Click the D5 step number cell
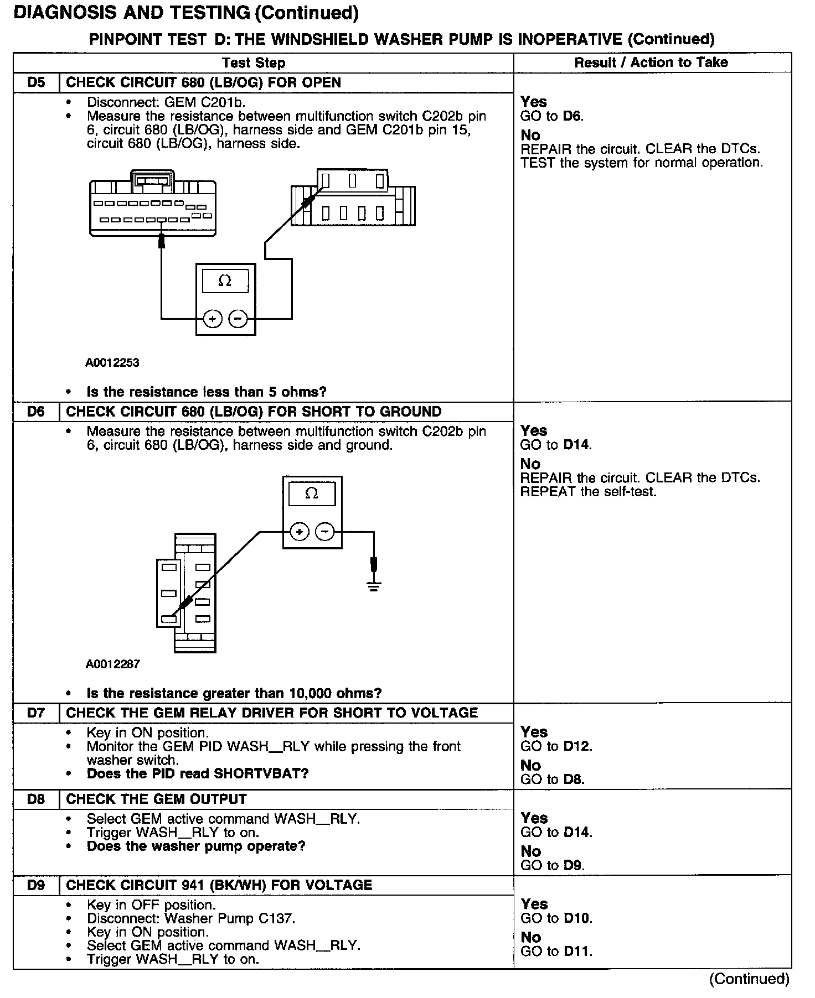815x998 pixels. click(x=36, y=82)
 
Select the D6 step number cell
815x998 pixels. click(x=36, y=412)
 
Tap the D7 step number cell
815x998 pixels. click(x=36, y=713)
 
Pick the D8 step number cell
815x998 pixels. click(x=36, y=799)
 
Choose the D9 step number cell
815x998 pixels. click(x=36, y=885)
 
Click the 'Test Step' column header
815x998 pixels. click(x=254, y=63)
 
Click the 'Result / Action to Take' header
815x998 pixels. click(x=651, y=63)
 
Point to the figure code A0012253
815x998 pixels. click(x=112, y=363)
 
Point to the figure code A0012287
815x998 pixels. click(x=112, y=664)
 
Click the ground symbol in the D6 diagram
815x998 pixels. click(x=374, y=586)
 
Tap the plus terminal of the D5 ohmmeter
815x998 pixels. click(x=213, y=319)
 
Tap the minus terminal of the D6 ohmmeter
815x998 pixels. click(x=325, y=532)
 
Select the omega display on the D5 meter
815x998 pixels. click(x=225, y=281)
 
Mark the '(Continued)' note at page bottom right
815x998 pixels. click(x=749, y=979)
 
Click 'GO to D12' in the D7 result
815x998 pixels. click(x=556, y=746)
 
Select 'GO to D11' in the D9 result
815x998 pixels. click(x=556, y=952)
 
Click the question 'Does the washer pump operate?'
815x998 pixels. click(x=196, y=846)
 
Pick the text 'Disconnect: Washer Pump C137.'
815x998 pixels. click(x=191, y=918)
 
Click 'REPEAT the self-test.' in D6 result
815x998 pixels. click(x=588, y=492)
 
